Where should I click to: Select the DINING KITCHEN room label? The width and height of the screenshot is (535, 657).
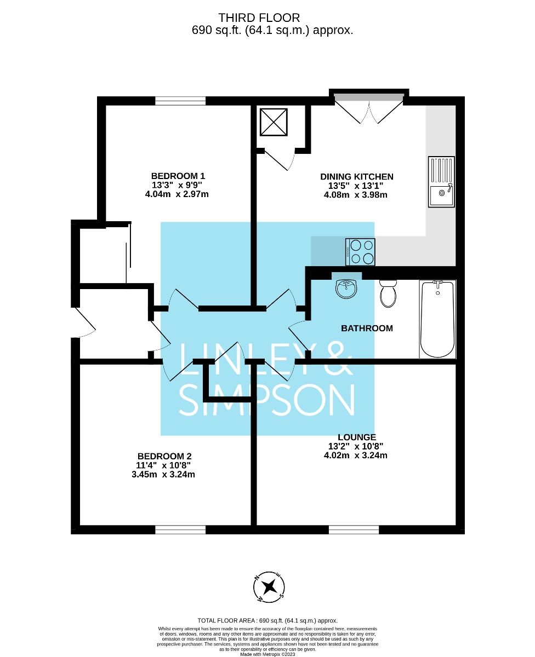coord(357,176)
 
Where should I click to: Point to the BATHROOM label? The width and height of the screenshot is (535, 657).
coord(367,328)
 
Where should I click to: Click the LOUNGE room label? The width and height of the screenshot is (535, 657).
coord(357,437)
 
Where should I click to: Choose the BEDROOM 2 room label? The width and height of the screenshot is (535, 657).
coord(164,456)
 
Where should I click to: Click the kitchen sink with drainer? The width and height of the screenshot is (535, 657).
coord(441,182)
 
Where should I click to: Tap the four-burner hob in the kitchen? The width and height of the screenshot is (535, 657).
coord(360,252)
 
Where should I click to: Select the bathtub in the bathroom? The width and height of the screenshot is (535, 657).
coord(437,319)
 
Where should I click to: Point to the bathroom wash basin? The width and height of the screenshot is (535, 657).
coord(346,288)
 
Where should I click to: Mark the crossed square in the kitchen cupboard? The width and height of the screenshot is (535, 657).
coord(274,122)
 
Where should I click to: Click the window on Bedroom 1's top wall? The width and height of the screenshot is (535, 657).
coord(180,101)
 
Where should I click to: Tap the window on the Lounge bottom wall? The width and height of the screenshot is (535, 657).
coord(354,529)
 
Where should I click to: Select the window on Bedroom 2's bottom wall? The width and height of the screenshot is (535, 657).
coord(180,529)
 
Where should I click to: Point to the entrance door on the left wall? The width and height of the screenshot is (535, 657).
coord(82,324)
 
